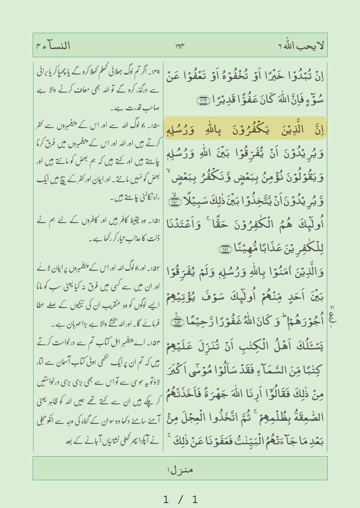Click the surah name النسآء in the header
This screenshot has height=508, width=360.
click(58, 46)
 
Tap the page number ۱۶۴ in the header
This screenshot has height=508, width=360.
click(180, 46)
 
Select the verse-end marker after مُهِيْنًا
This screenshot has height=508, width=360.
click(224, 249)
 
